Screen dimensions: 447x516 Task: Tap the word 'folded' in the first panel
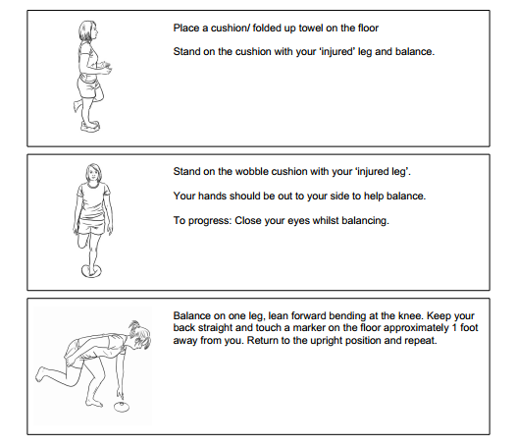(x=253, y=28)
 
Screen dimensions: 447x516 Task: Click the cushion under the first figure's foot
(x=89, y=124)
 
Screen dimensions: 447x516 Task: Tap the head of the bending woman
(x=142, y=339)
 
